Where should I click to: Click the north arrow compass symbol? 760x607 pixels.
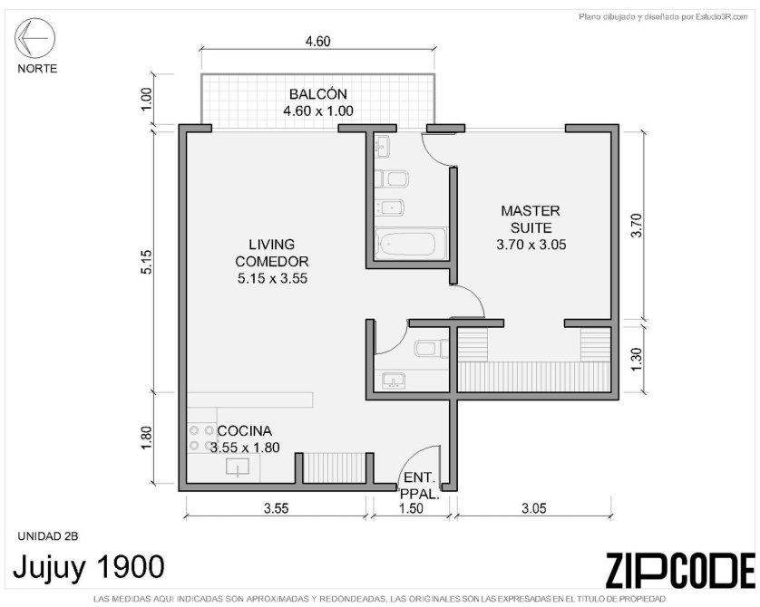click(x=34, y=38)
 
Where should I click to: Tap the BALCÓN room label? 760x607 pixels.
click(x=318, y=94)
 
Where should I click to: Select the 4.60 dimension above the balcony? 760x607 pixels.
click(x=318, y=42)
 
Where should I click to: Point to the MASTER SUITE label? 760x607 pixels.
click(x=531, y=219)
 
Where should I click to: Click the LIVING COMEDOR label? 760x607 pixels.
click(x=272, y=253)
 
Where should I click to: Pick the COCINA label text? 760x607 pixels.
click(x=245, y=431)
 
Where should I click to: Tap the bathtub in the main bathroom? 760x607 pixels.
click(x=411, y=245)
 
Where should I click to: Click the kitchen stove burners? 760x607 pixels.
click(x=201, y=437)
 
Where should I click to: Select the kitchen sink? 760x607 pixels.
click(x=238, y=467)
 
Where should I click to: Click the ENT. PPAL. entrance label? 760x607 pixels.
click(x=420, y=486)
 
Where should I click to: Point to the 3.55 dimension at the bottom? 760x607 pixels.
click(x=276, y=508)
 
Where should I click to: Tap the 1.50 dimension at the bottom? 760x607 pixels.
click(x=410, y=508)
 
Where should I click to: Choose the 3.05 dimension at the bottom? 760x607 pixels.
click(x=533, y=508)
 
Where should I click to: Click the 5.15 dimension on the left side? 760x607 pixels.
click(x=147, y=262)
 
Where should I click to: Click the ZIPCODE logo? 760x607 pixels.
click(x=680, y=570)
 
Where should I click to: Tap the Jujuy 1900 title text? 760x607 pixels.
click(x=89, y=567)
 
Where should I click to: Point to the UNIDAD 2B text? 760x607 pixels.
click(x=48, y=536)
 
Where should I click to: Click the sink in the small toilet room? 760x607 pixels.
click(x=393, y=381)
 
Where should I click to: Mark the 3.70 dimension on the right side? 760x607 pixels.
click(x=637, y=225)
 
